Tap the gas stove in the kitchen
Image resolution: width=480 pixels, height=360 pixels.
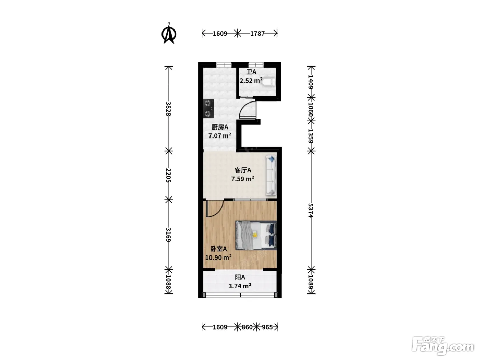(208, 109)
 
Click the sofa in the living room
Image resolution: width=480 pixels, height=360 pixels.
(271, 176)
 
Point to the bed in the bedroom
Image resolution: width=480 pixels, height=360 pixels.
(256, 235)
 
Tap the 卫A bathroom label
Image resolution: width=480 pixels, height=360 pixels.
(251, 72)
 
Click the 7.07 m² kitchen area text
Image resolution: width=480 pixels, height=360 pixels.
(220, 136)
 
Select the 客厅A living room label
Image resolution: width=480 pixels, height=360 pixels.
(243, 170)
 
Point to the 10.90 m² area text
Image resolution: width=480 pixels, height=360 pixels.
(218, 257)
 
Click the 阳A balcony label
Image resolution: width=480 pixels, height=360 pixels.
(240, 277)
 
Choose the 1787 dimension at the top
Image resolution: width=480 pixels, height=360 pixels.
(257, 34)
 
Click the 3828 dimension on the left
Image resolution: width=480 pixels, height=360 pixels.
(168, 109)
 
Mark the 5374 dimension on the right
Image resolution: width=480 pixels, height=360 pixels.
(311, 210)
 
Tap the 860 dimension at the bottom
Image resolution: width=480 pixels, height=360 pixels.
(247, 327)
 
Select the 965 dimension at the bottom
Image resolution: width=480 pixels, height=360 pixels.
(267, 327)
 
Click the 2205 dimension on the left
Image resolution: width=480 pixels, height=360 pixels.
(168, 175)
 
